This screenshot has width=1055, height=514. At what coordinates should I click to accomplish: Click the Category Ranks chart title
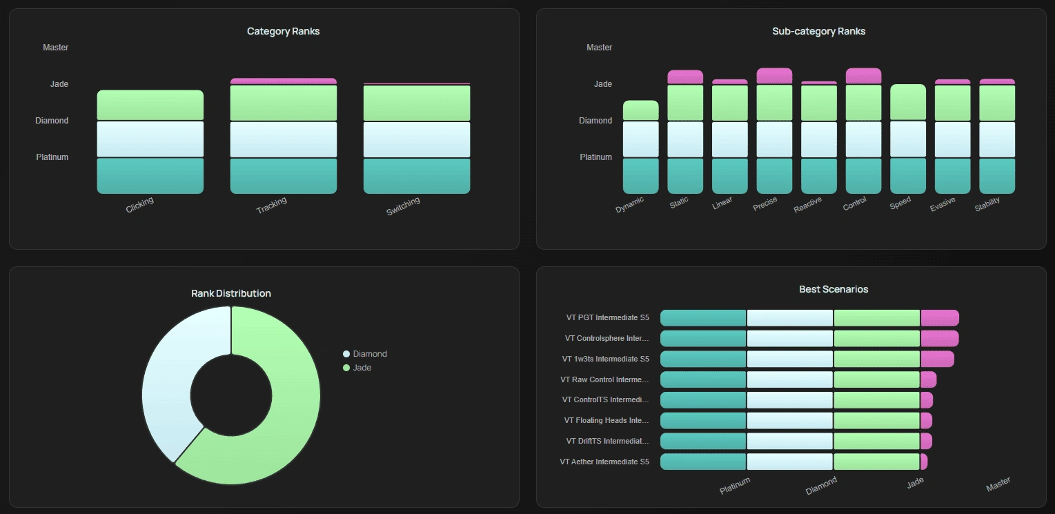point(283,31)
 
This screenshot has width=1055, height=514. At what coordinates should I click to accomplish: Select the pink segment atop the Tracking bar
point(283,81)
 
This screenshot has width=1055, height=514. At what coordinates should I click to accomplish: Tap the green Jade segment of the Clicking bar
point(150,105)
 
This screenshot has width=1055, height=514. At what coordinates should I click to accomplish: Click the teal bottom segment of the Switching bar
point(416,176)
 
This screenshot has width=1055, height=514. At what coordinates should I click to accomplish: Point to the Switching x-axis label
point(403,206)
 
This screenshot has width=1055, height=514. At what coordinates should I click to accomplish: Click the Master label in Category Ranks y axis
point(55,48)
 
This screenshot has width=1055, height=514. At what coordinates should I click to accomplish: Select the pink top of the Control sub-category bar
point(863,76)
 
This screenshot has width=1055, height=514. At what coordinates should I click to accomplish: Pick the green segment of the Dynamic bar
point(640,110)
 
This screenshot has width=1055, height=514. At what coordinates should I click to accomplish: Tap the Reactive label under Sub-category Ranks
point(808,205)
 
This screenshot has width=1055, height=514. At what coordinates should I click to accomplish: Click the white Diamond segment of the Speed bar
point(907,139)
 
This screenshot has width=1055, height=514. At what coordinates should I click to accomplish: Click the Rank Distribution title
point(230,293)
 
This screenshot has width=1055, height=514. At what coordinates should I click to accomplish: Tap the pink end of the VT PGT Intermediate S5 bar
point(939,318)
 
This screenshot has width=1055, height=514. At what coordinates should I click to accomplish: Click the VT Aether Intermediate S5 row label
point(604,462)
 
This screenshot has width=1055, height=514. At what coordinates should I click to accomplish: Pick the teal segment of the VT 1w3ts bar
point(703,359)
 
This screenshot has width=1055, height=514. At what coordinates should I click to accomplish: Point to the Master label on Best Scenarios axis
point(998,485)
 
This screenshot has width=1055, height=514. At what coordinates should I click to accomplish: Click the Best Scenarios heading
point(833,289)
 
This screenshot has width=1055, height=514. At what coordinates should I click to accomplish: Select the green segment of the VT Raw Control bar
point(876,379)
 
